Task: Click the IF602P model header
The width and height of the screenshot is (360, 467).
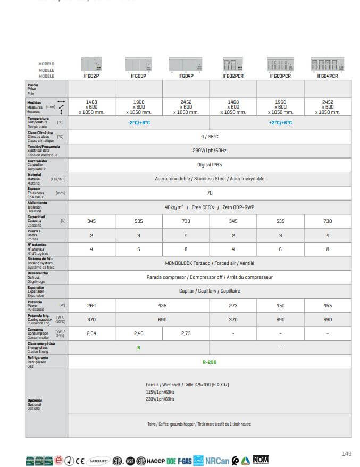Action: pyautogui.click(x=91, y=76)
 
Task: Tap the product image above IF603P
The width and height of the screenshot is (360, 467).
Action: pyautogui.click(x=138, y=65)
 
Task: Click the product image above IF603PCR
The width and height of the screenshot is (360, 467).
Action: pyautogui.click(x=280, y=65)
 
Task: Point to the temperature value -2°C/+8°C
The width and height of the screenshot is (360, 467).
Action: pyautogui.click(x=139, y=122)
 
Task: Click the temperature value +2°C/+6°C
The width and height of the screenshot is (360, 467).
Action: pyautogui.click(x=280, y=122)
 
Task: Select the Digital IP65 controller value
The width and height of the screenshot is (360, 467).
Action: pyautogui.click(x=209, y=165)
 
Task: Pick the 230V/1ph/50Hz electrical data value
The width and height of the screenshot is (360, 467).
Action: pyautogui.click(x=209, y=151)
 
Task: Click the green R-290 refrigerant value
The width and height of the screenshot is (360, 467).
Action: pyautogui.click(x=209, y=362)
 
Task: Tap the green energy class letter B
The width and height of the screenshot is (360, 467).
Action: pyautogui.click(x=139, y=348)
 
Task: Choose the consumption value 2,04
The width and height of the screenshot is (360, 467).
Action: pyautogui.click(x=91, y=333)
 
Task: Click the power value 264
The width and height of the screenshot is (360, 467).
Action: pyautogui.click(x=91, y=305)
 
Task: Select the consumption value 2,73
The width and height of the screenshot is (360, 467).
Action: pyautogui.click(x=186, y=333)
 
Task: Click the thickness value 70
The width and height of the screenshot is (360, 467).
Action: pyautogui.click(x=209, y=193)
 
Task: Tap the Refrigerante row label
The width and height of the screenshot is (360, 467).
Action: pyautogui.click(x=38, y=358)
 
